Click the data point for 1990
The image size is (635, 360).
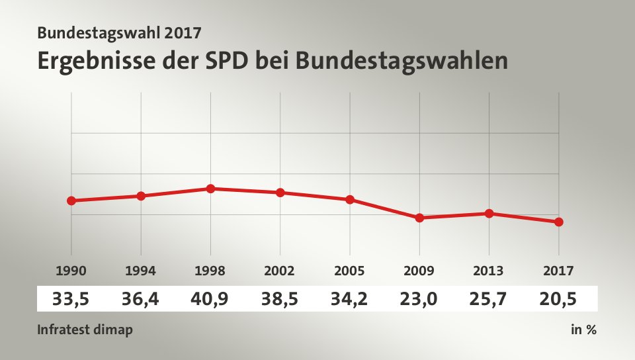[x=71, y=201]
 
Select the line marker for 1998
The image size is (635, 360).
[x=210, y=189]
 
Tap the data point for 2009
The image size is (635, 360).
[x=419, y=218]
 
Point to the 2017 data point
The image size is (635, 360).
[x=558, y=222]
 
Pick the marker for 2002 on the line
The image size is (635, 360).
[x=280, y=193]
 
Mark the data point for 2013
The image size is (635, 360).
[x=489, y=213]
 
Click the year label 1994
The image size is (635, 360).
[x=141, y=270]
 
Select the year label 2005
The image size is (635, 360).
[x=350, y=270]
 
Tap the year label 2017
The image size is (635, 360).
[x=558, y=270]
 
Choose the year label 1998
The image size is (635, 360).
[x=210, y=270]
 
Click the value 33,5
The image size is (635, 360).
[x=71, y=299]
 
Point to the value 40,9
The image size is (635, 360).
[x=210, y=299]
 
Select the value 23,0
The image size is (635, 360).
[x=419, y=299]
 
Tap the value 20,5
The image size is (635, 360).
[x=558, y=299]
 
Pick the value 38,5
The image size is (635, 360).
[x=280, y=299]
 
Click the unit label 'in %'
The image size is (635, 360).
[x=583, y=329]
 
